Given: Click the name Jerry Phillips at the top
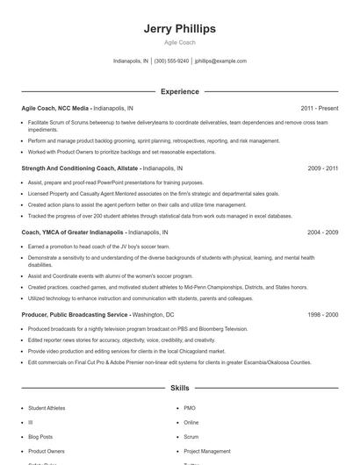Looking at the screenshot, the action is [179, 29].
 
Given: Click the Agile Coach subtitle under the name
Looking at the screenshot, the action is [179, 42].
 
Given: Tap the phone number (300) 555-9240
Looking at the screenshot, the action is [171, 61].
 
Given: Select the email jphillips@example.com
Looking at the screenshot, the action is [220, 61].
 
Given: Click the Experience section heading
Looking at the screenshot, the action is [179, 91].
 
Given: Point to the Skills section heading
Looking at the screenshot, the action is [179, 387].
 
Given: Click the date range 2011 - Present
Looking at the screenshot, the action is [320, 107].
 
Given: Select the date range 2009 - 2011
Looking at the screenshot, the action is [322, 167].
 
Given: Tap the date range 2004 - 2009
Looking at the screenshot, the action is [322, 232].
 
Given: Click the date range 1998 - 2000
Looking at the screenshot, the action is [322, 314].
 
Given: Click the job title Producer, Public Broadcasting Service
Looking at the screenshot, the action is [75, 314].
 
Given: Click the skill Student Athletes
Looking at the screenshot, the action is [47, 408].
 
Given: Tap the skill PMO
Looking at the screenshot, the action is [191, 408].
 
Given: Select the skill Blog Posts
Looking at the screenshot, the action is [40, 436].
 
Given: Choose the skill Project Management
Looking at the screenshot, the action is [207, 450].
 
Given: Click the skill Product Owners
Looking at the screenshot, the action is [46, 450].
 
